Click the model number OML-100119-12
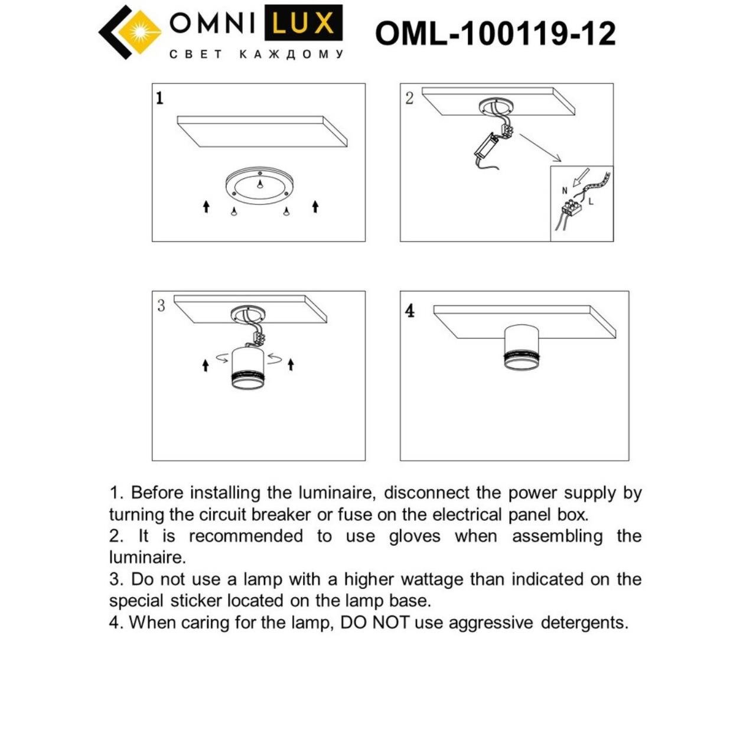495,33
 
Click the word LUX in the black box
303,24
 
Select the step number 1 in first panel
159,98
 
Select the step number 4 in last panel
410,311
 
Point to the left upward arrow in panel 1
206,206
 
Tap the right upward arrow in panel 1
315,206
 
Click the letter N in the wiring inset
565,191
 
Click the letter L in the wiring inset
591,201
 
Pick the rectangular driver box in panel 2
486,145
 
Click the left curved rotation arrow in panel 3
222,357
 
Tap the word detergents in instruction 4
584,623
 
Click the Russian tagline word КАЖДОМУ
291,54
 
